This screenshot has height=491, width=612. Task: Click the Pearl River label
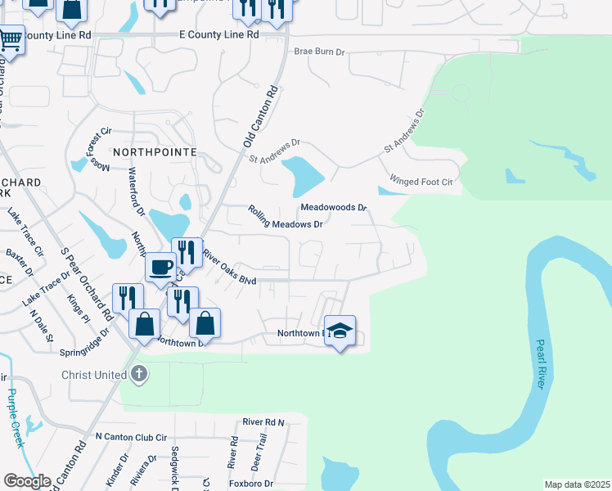point(542,364)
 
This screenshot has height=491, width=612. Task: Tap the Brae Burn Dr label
point(320,52)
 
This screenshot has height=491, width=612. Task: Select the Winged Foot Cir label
point(421,181)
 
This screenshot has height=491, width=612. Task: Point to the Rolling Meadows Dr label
point(286,218)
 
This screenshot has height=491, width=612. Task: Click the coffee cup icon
point(160,267)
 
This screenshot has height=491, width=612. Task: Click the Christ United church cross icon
point(139,375)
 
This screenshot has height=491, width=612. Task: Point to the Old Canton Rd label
point(260,118)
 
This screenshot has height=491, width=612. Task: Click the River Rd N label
point(263,422)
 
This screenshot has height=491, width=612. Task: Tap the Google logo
point(27,480)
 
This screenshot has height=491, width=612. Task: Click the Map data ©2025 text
point(578,484)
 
